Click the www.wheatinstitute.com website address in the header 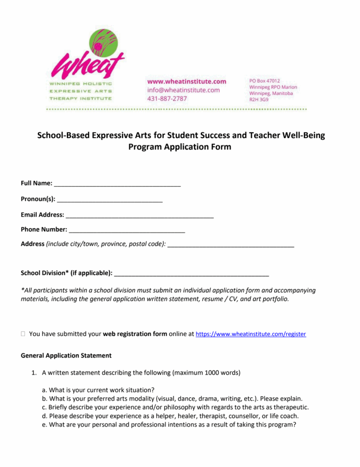(186, 82)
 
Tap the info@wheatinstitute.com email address (183, 90)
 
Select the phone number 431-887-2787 (167, 99)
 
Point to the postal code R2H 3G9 (259, 99)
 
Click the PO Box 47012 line (264, 81)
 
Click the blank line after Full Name (117, 184)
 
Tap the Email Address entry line (139, 215)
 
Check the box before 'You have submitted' (23, 334)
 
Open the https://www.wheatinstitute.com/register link (251, 334)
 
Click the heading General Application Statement (66, 355)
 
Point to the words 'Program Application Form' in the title (180, 147)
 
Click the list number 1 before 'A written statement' (34, 373)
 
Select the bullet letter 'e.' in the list (45, 424)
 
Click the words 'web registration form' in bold (135, 334)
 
